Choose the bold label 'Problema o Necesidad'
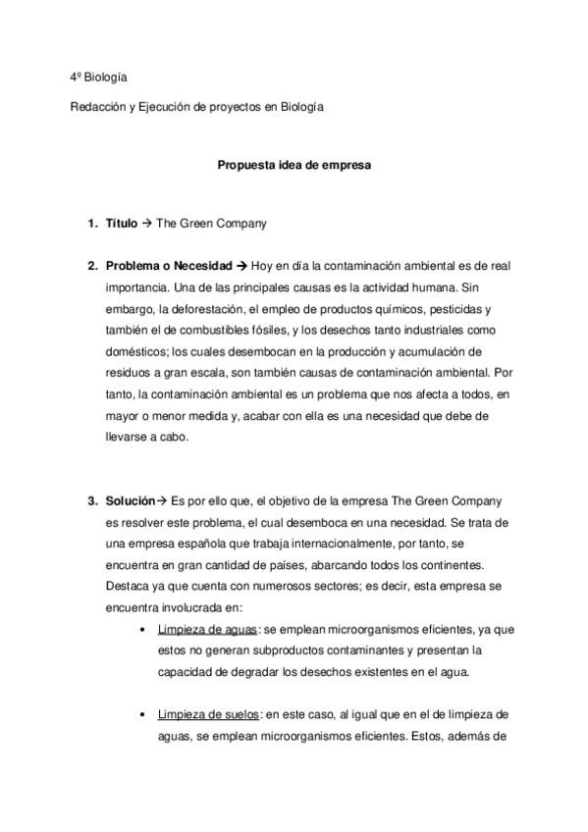click(168, 266)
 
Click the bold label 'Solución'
click(131, 500)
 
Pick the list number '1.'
click(93, 224)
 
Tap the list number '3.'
click(93, 500)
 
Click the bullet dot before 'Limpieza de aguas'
click(144, 629)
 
